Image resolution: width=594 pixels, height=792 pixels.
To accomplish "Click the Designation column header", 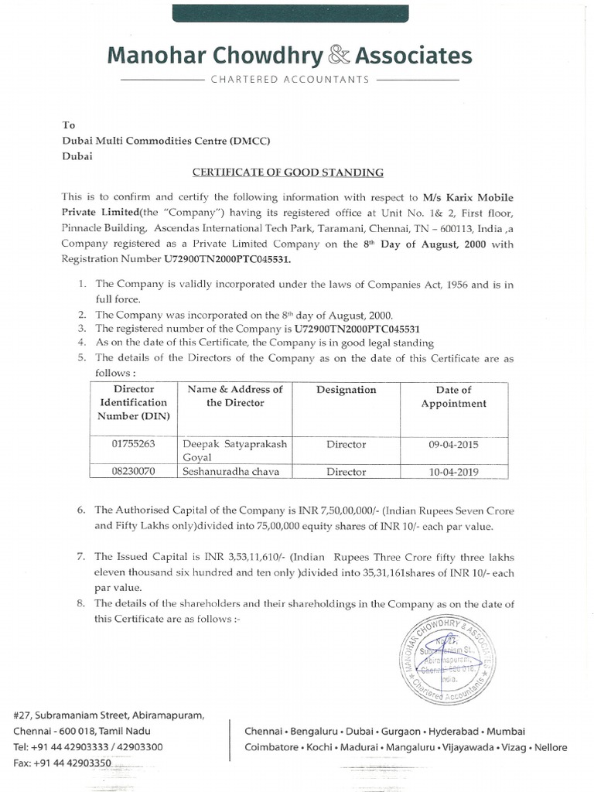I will coord(346,390).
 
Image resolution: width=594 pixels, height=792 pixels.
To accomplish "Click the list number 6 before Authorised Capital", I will coord(82,510).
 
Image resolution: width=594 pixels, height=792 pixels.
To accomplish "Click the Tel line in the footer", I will coord(88,747).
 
